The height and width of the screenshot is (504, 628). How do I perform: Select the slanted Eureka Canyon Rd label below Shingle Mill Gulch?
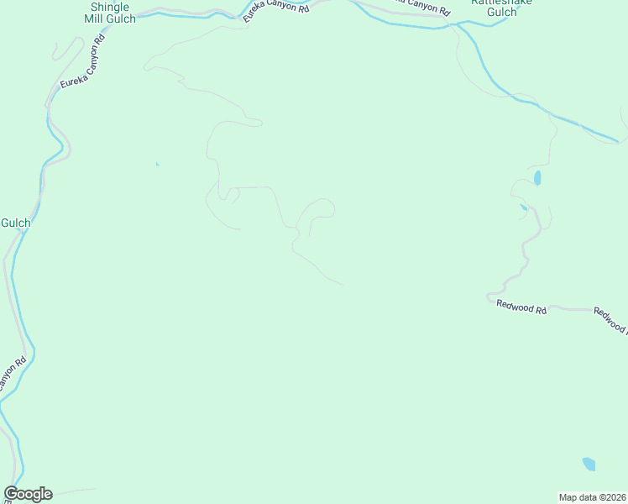(83, 64)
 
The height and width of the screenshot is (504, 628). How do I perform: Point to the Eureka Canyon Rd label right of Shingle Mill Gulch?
(276, 12)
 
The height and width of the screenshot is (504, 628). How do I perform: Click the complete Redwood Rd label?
(521, 307)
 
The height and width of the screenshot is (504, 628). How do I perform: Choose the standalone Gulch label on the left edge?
(15, 223)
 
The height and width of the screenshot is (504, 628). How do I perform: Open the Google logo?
(29, 494)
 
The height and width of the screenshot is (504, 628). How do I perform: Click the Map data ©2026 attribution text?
(593, 497)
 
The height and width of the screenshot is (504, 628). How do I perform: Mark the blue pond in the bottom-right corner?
(589, 464)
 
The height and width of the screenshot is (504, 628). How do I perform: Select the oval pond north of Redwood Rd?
(537, 178)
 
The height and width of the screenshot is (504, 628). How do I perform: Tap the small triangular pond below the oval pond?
(524, 207)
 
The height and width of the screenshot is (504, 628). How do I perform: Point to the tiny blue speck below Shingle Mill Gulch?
(157, 164)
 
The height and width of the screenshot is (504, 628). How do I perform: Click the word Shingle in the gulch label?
(109, 7)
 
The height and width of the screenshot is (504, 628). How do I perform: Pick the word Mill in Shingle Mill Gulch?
(94, 18)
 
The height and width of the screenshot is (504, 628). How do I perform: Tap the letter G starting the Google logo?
(11, 494)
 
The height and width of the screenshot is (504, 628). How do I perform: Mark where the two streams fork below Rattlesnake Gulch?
(458, 25)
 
